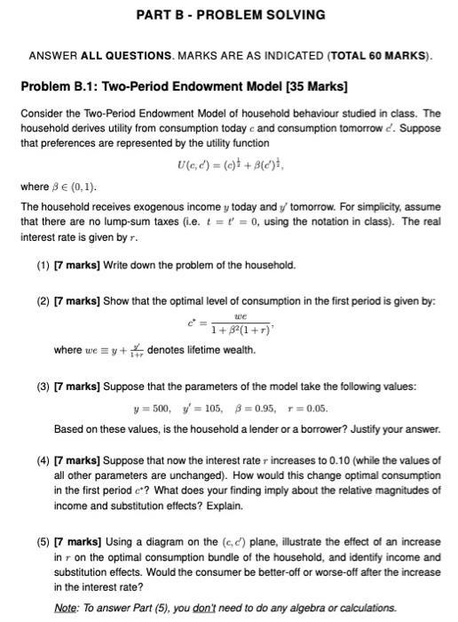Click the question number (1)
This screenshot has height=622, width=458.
[x=43, y=265]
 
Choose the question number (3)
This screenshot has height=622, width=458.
[x=43, y=387]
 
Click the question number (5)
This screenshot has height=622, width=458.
[x=43, y=541]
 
